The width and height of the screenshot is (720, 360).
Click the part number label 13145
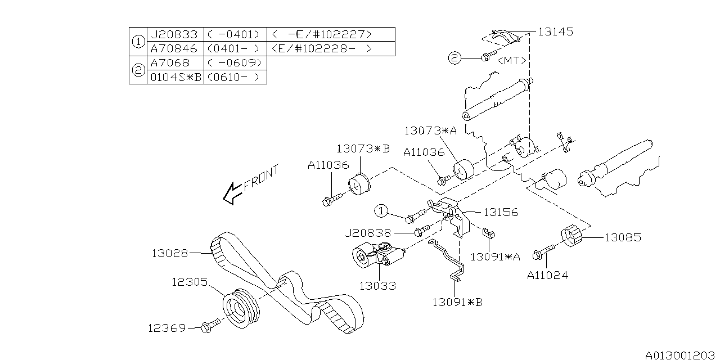(x=555, y=32)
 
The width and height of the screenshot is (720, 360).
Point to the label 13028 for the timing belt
(x=169, y=253)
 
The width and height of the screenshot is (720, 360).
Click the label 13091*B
(x=457, y=302)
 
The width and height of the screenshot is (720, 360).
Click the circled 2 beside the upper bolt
(x=454, y=57)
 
